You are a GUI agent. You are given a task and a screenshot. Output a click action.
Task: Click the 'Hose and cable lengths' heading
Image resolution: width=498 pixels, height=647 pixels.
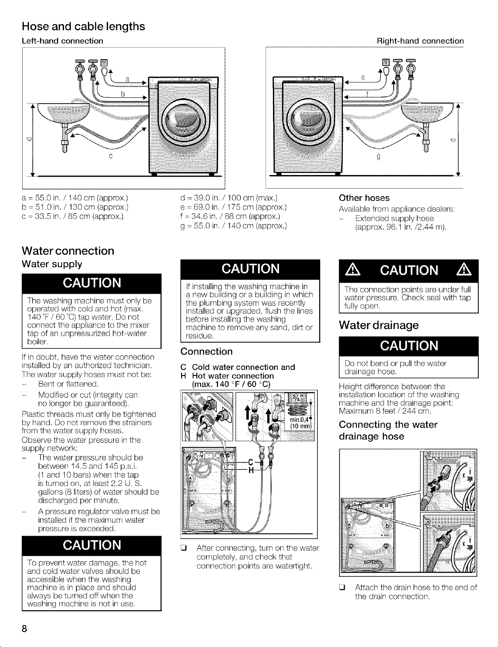pos(83,27)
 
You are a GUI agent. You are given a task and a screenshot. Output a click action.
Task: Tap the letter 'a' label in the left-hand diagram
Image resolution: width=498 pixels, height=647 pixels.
pos(127,79)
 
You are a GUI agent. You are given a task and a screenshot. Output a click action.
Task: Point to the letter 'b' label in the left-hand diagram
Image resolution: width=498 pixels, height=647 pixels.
pos(122,94)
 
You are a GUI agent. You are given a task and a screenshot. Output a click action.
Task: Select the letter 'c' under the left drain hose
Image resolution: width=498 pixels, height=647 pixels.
pos(111,156)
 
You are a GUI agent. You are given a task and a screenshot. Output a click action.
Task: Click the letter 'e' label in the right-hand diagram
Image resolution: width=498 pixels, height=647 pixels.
pos(363,78)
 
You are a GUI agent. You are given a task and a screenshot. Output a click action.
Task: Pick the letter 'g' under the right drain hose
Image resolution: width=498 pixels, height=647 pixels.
pos(379,157)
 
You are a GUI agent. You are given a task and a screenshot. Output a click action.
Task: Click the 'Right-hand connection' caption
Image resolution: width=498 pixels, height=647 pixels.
pos(420,41)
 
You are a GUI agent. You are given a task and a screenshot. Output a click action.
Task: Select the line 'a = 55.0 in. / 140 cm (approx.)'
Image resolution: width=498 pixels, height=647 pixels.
pos(75,198)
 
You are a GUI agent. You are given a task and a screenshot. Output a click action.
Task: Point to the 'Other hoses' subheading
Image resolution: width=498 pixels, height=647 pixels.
pos(364,198)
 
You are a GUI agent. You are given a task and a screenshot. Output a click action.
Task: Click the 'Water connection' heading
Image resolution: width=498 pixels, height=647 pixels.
pos(68,251)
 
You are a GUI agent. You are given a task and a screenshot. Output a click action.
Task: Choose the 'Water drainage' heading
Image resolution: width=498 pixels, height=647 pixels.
pos(379,325)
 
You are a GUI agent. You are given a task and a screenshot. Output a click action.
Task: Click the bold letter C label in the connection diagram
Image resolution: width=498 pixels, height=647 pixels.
pos(250,462)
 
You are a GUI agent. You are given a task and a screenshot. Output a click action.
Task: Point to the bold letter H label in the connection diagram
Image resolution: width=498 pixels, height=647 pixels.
pos(251,470)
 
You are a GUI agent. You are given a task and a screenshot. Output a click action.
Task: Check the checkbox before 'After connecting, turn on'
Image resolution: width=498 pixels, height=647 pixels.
pos(183,548)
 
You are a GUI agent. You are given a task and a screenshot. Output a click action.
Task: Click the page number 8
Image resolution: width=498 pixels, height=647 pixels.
pos(24,629)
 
